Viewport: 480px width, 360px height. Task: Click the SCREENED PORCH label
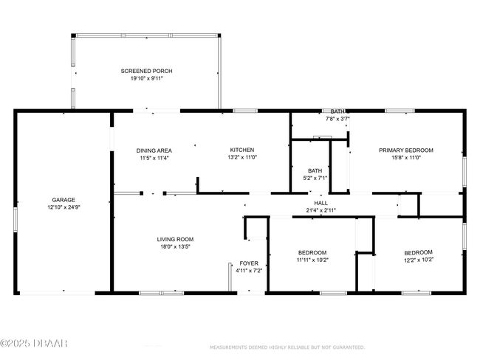(x=146, y=71)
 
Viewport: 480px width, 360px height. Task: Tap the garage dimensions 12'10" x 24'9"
(x=64, y=207)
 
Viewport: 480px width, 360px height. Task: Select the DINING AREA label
(x=154, y=150)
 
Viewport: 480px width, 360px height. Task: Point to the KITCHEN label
(x=241, y=150)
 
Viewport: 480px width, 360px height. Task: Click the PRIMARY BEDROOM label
(x=406, y=150)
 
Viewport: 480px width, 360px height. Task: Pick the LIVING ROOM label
(x=175, y=239)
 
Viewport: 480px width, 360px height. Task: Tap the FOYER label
(x=249, y=263)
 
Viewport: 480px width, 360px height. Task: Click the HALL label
(x=320, y=203)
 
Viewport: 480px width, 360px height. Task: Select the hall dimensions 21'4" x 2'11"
(x=320, y=210)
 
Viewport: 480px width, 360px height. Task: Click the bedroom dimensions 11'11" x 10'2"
(x=312, y=260)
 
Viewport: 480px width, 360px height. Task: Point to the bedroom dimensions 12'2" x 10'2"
(x=418, y=260)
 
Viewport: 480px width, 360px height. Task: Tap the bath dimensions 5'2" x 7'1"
(x=315, y=178)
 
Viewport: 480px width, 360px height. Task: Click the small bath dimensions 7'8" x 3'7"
(x=337, y=119)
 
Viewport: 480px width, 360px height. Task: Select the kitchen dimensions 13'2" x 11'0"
(x=241, y=157)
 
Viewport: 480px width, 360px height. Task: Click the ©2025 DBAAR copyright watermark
(x=34, y=343)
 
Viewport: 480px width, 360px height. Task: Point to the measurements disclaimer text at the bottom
(x=287, y=347)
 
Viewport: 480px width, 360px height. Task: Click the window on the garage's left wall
(x=16, y=219)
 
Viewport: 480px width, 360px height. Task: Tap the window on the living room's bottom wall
(x=161, y=293)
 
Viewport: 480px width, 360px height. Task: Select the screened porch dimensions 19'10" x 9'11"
(x=146, y=78)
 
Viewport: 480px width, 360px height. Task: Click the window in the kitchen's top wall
(x=245, y=111)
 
